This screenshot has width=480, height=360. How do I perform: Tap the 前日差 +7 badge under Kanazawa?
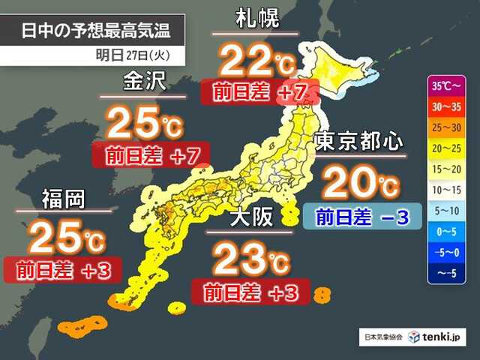[149, 156]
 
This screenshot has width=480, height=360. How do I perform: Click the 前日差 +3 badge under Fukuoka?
[62, 269]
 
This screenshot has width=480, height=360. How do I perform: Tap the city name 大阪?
[250, 218]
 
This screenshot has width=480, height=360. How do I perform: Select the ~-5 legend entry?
[447, 274]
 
